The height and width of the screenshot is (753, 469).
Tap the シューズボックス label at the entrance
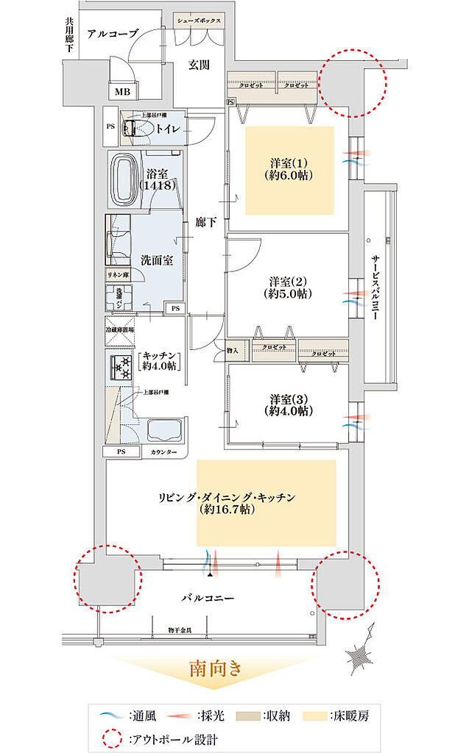click(198, 21)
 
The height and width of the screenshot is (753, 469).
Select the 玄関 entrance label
click(199, 65)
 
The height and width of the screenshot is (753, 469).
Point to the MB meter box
click(121, 92)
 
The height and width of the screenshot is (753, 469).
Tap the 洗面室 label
click(156, 260)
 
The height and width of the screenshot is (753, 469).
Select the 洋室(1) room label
click(289, 169)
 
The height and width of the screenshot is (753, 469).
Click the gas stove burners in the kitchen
click(120, 368)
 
